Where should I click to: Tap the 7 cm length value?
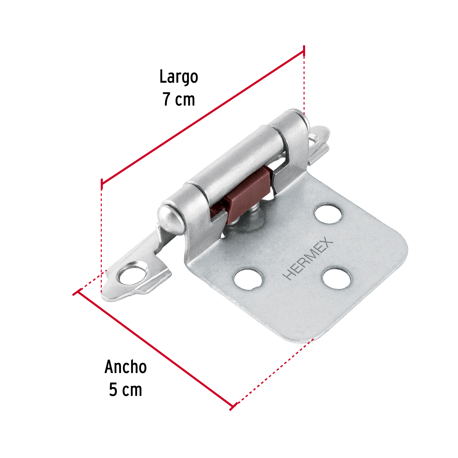pyautogui.click(x=179, y=99)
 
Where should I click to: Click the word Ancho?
pyautogui.click(x=126, y=367)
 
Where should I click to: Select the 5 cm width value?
pyautogui.click(x=125, y=390)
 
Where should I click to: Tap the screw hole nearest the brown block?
pyautogui.click(x=328, y=213)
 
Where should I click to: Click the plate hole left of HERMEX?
pyautogui.click(x=248, y=279)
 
